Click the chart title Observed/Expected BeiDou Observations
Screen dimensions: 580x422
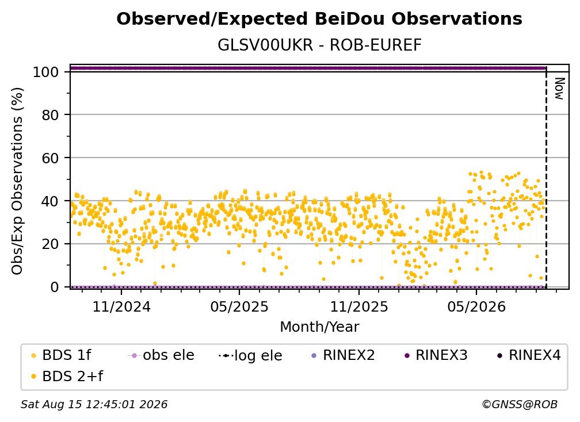[319, 19]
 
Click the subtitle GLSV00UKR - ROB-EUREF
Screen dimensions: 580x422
[319, 45]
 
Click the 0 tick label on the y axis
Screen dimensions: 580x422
[55, 287]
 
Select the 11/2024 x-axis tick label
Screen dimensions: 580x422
[121, 306]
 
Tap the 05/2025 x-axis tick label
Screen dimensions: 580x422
[239, 306]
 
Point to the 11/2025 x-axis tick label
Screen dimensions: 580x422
[359, 306]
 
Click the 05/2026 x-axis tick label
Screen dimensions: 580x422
[476, 306]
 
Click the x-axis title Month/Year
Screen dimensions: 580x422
[319, 327]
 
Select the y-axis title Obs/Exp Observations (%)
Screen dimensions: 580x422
[17, 181]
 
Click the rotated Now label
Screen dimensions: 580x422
[559, 89]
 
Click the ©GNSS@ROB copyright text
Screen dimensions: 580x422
[520, 404]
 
